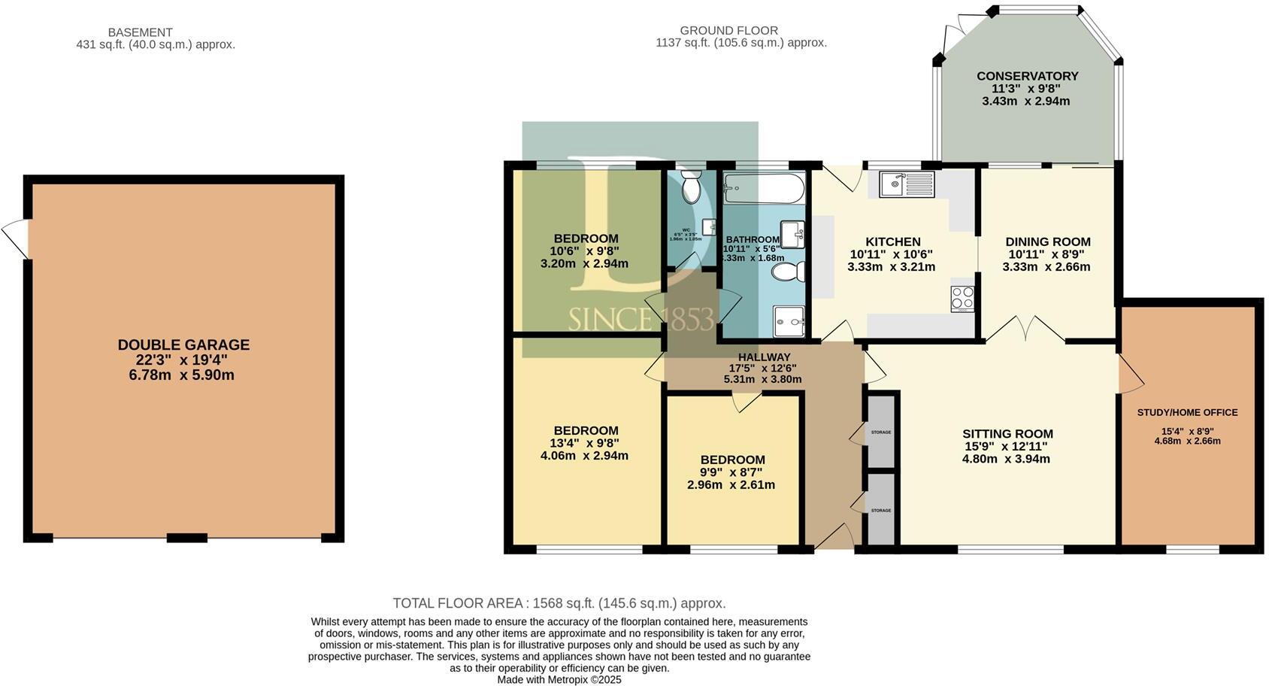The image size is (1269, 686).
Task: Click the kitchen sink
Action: (907, 184)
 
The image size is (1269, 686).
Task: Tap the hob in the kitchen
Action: (962, 298)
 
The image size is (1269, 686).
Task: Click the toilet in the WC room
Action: (690, 186)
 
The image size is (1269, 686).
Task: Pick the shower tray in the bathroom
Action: (789, 321)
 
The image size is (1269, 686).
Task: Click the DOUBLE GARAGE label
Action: (183, 345)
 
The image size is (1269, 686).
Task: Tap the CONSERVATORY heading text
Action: (1027, 76)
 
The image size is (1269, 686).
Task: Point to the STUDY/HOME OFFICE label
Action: (1187, 412)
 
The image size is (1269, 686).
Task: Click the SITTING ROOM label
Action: (1007, 434)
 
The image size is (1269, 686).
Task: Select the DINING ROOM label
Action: (1048, 242)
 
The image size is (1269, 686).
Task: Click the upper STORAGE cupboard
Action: (881, 432)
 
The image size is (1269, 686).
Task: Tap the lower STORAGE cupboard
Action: (881, 510)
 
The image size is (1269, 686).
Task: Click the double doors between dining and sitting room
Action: (1025, 329)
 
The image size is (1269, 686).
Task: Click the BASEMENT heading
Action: (140, 32)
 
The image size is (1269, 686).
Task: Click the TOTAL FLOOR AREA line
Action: (559, 603)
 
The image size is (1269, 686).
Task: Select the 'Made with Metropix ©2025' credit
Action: (559, 679)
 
